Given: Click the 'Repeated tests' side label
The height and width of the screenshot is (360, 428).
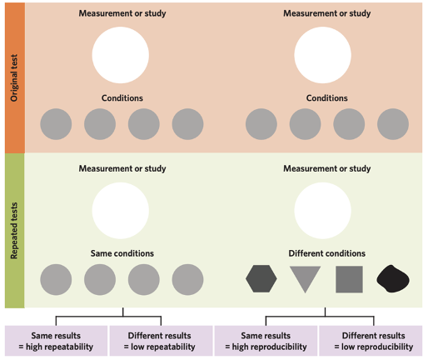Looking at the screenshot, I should pos(13,230).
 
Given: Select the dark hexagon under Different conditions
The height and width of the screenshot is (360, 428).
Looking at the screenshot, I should pos(261,278).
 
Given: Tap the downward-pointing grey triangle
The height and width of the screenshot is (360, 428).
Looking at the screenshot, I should pos(305,277).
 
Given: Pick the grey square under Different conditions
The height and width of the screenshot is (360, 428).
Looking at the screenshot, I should pos(349,278).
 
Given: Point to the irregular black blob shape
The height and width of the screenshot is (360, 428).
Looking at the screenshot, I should pos(393,278).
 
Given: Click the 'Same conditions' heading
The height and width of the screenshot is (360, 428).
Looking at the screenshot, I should pos(122,252).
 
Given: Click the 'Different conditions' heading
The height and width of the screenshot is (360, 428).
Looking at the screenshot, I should pos(326,252).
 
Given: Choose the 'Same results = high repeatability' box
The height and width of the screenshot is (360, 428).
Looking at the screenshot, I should pos(56,340).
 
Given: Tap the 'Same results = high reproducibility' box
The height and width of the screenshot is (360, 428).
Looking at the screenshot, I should pos(266,340).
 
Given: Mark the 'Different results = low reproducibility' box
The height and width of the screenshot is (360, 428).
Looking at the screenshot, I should pos(371,340).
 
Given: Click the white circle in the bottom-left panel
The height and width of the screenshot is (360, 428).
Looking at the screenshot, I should pos(122,211).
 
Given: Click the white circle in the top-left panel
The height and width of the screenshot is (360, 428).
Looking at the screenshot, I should pos(122,55).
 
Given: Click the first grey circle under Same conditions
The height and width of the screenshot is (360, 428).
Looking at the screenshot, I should pos(56,279).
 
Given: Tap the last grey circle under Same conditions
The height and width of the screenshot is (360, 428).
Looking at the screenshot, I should pos(187,279).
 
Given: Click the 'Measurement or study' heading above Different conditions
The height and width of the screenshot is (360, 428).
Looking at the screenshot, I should pos(326,168).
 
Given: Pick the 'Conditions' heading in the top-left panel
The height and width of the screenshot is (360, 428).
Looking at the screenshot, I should pos(122,97).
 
